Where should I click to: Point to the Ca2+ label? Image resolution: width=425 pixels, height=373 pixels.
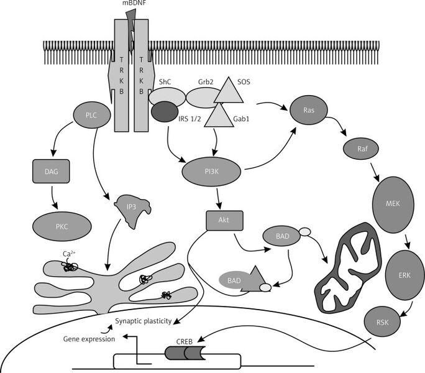(70, 253)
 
